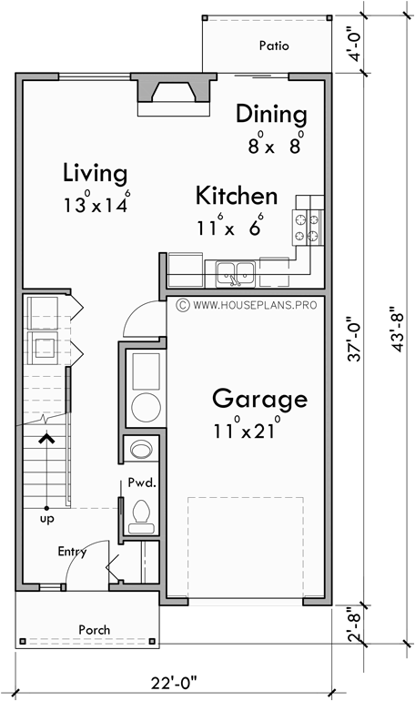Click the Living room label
tap(95, 172)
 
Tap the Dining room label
tap(271, 114)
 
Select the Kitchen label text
tap(237, 196)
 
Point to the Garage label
tap(259, 399)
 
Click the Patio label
tap(273, 45)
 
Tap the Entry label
tap(72, 551)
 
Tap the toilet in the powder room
tap(141, 514)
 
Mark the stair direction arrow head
tap(45, 439)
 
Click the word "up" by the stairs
tap(45, 518)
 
